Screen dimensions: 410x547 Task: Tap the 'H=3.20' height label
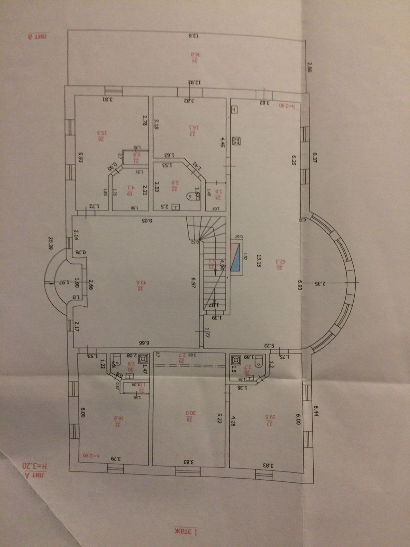pyautogui.click(x=36, y=466)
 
